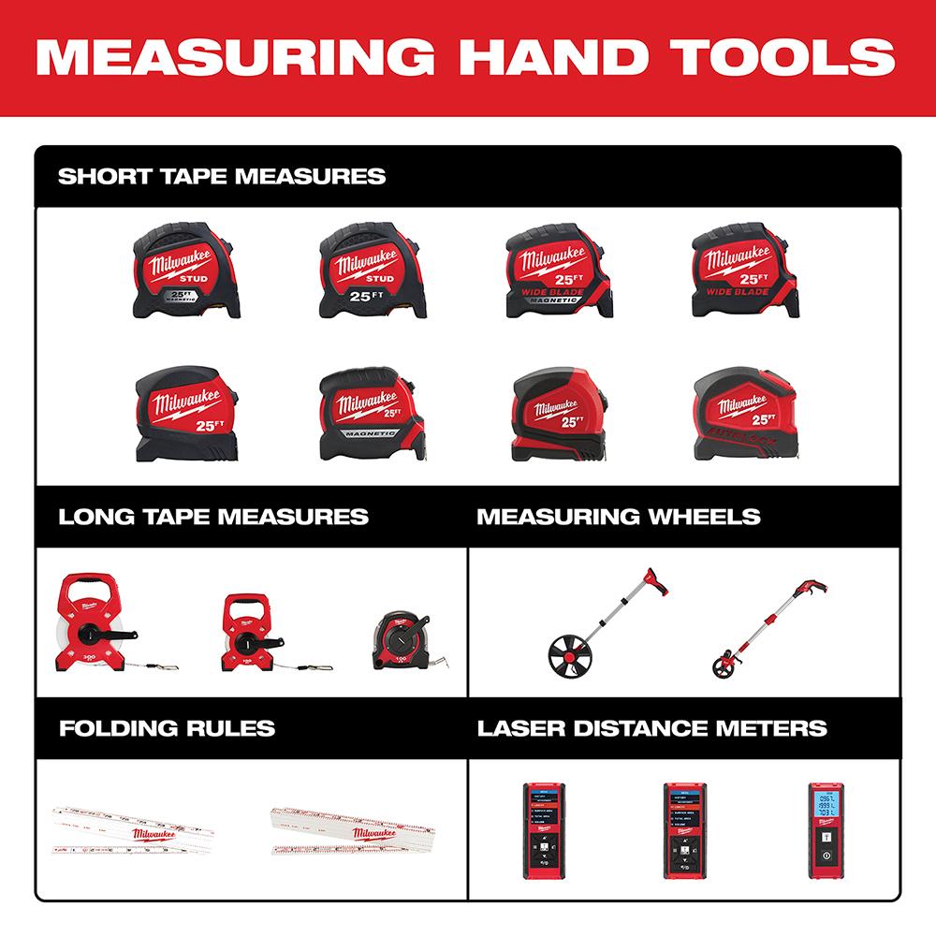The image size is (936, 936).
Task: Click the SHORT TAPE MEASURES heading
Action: point(222,176)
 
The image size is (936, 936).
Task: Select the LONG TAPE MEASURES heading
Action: point(212,517)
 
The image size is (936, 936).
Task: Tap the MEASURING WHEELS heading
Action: point(618,517)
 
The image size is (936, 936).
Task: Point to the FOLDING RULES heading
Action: point(166,727)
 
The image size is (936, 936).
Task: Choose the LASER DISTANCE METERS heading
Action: point(651,727)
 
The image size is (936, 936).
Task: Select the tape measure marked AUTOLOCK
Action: point(746,412)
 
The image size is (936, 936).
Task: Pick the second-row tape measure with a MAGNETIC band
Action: point(364,412)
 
